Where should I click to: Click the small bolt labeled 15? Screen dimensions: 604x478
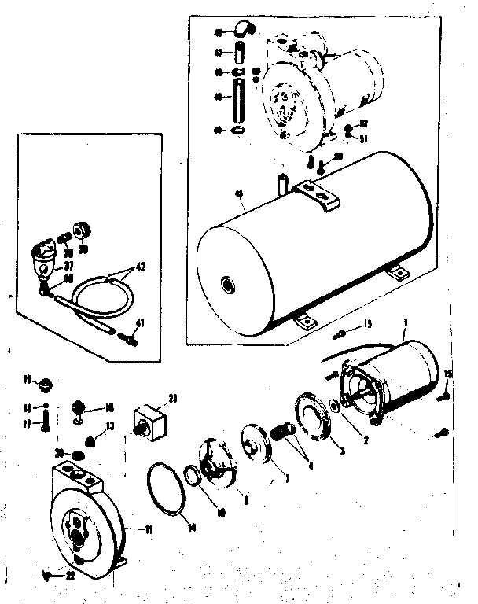click(x=340, y=332)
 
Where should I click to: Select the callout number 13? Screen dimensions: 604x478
click(x=111, y=426)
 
